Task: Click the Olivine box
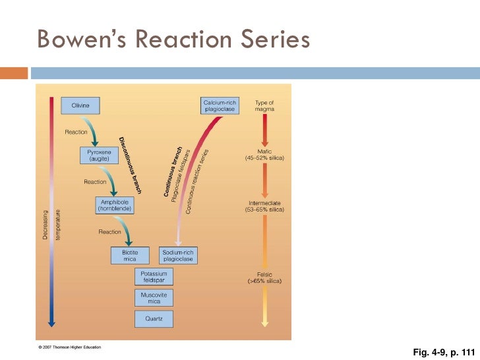click(80, 105)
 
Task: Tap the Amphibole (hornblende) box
click(117, 205)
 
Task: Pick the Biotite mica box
click(130, 255)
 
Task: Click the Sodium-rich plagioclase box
click(178, 255)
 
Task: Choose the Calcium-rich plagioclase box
click(219, 105)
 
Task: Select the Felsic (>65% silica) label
click(264, 278)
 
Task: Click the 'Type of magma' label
click(264, 105)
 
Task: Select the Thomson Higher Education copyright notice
click(69, 346)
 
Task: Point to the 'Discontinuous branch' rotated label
click(130, 162)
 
